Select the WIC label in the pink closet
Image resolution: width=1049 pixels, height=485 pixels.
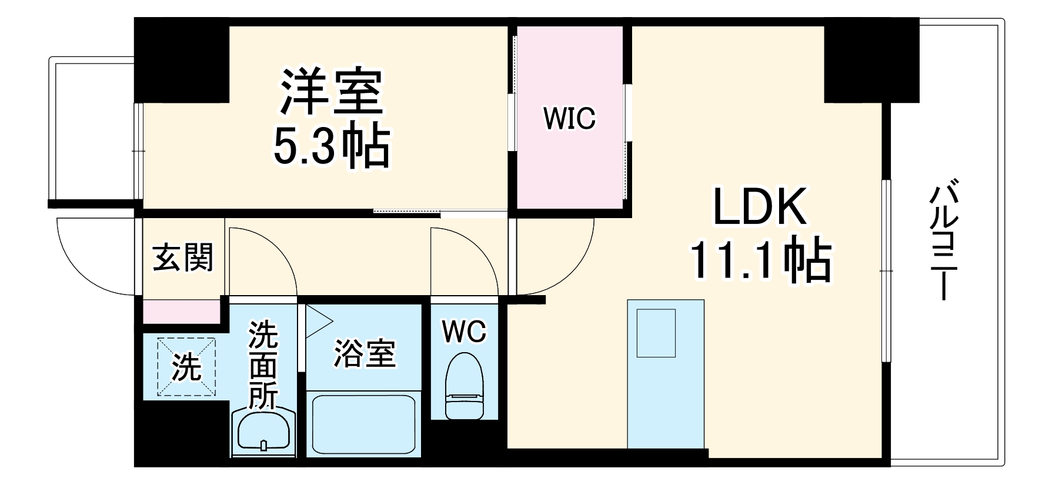point(569,119)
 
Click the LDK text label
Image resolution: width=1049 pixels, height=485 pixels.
point(759,208)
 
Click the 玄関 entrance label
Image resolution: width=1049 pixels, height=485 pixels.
point(183,257)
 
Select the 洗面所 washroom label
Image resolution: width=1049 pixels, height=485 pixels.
point(263,364)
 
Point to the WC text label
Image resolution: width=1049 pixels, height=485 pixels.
point(464,332)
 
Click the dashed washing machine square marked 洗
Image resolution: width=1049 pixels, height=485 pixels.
point(186,367)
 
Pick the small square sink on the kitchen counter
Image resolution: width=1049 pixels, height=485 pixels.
point(656,333)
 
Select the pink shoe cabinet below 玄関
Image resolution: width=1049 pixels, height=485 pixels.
point(181,311)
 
